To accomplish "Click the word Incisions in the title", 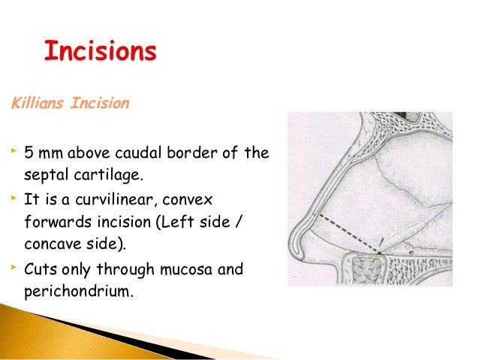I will pyautogui.click(x=100, y=53).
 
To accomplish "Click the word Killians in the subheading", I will pyautogui.click(x=37, y=103).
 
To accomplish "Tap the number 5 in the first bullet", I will pyautogui.click(x=29, y=154).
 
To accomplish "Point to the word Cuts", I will pyautogui.click(x=42, y=269).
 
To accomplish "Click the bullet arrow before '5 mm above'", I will pyautogui.click(x=12, y=152).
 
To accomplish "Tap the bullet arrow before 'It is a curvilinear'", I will pyautogui.click(x=12, y=198).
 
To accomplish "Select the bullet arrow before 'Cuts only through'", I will pyautogui.click(x=12, y=267).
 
